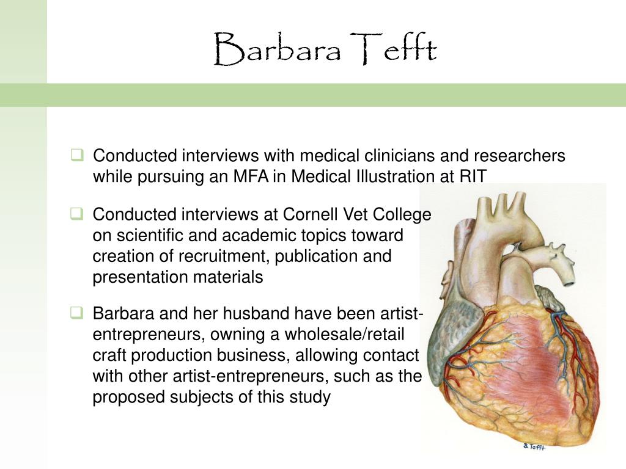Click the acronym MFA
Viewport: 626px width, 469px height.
[251, 176]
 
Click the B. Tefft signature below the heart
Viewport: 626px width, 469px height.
[533, 447]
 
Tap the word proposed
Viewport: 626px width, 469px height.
[125, 397]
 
